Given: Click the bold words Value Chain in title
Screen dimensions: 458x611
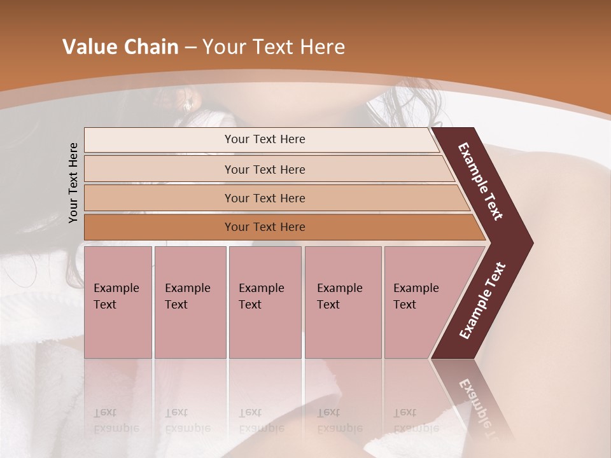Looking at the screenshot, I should pyautogui.click(x=120, y=47).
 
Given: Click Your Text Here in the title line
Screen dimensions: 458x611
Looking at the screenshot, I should pyautogui.click(x=274, y=47).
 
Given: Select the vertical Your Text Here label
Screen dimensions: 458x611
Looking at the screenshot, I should pyautogui.click(x=74, y=183).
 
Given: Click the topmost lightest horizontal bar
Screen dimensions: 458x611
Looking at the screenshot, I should pyautogui.click(x=265, y=139).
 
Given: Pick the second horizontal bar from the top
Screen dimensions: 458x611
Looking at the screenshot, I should pyautogui.click(x=265, y=169).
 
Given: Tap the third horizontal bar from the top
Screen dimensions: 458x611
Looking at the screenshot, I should pyautogui.click(x=265, y=198).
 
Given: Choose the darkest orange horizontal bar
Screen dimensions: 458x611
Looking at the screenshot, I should pyautogui.click(x=265, y=227).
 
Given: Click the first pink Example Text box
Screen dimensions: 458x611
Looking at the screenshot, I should pyautogui.click(x=118, y=302).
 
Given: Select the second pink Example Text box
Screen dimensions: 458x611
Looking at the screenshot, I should pyautogui.click(x=190, y=302).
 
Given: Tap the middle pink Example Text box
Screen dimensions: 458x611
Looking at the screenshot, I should pyautogui.click(x=265, y=302).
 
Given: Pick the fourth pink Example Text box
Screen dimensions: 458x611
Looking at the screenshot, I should pyautogui.click(x=342, y=302).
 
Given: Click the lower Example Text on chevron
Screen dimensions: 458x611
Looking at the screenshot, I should pyautogui.click(x=482, y=301).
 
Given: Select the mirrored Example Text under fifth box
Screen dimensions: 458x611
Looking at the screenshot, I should pyautogui.click(x=415, y=420).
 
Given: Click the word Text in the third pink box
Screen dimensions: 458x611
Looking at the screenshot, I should pyautogui.click(x=250, y=305).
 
